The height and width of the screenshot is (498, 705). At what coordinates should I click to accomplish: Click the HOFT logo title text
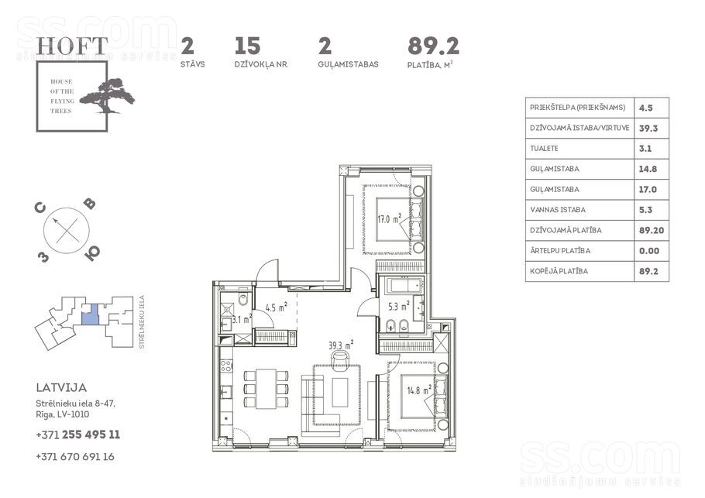(72, 46)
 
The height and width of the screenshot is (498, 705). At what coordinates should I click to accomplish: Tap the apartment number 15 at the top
(247, 46)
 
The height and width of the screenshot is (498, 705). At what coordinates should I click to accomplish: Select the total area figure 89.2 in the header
(433, 46)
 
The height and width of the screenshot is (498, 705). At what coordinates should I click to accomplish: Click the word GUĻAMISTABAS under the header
(348, 64)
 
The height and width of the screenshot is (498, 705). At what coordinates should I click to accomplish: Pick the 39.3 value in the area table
(648, 129)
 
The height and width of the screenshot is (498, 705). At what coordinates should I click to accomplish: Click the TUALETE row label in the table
(545, 149)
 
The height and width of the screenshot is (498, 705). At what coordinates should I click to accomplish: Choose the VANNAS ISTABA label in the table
(558, 210)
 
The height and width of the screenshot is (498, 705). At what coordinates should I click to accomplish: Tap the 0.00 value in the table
(649, 251)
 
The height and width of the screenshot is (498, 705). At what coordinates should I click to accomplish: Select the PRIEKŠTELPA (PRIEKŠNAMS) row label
(577, 108)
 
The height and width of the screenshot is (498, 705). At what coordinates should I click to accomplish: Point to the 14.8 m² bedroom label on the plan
(419, 390)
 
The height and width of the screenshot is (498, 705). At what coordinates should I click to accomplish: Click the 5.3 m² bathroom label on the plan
(399, 307)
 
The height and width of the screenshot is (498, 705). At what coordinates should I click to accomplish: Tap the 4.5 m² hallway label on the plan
(276, 308)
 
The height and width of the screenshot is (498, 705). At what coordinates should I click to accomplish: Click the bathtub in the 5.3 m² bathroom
(401, 286)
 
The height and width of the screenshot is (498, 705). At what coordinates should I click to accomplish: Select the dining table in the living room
(266, 389)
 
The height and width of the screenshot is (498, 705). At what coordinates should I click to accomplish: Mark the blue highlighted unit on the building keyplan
(91, 314)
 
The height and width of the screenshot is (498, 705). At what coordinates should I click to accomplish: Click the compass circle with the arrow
(67, 230)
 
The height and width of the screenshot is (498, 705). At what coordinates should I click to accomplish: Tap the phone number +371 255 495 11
(77, 434)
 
